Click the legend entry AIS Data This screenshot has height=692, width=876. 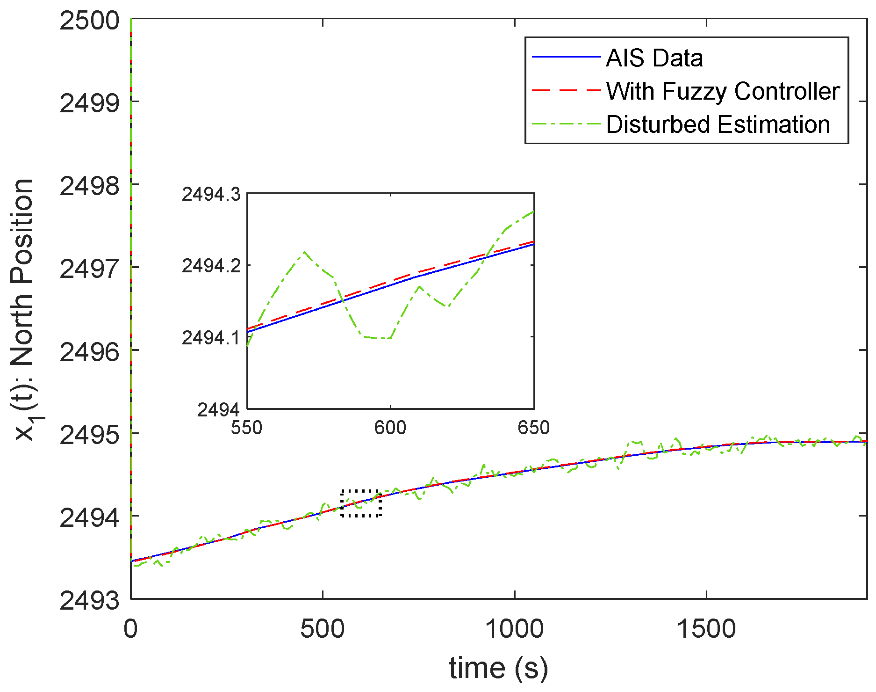654,58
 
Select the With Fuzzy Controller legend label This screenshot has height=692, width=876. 723,91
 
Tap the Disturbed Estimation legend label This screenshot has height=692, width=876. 718,124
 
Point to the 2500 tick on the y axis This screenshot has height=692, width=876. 89,21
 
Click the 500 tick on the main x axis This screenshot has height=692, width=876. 322,628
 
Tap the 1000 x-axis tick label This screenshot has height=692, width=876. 514,628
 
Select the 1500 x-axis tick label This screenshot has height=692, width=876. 706,628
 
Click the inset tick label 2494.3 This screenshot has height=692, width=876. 211,194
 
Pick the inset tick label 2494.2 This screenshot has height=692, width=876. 211,266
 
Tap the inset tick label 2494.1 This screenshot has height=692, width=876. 211,337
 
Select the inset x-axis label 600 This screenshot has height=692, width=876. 390,427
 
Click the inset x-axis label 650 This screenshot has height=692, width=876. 533,427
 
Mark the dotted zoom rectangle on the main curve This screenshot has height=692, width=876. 361,503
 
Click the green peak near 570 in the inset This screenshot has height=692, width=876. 304,252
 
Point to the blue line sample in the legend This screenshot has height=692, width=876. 566,57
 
